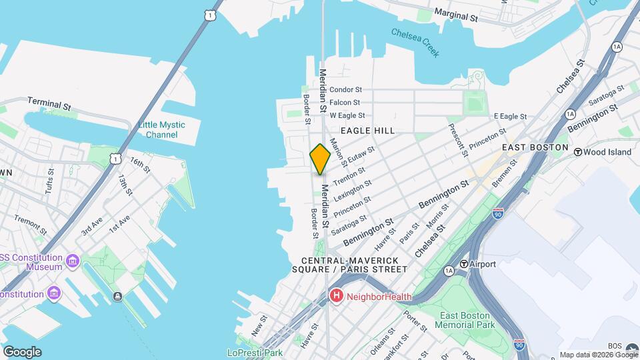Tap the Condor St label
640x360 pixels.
[x=345, y=89]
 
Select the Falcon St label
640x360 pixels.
[x=345, y=103]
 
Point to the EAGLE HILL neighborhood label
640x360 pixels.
[x=367, y=131]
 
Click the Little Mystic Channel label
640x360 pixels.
[x=162, y=129]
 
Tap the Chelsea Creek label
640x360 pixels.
[x=415, y=42]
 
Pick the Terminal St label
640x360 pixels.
[x=49, y=103]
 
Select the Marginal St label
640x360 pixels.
[x=456, y=15]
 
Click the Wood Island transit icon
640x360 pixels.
[x=577, y=152]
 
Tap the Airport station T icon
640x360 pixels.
[x=463, y=264]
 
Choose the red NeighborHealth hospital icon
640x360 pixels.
[x=337, y=296]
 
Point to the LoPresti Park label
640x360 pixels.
[x=255, y=353]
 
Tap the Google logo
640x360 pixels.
[x=22, y=351]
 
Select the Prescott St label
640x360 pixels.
[x=457, y=140]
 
